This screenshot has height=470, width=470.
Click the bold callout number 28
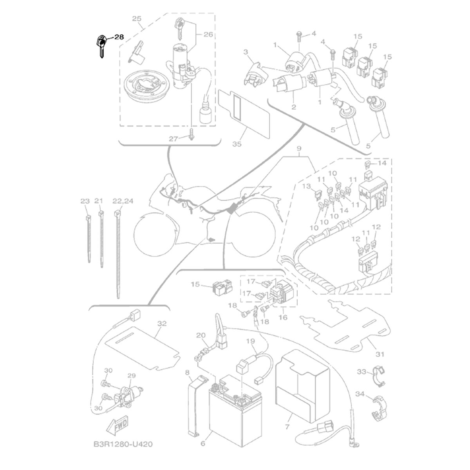[119, 37]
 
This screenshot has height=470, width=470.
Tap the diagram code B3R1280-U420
[123, 444]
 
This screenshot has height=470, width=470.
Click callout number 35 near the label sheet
[237, 144]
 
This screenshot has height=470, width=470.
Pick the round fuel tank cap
[146, 87]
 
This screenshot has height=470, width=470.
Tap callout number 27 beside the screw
[174, 139]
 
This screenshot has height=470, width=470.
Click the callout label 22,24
[123, 201]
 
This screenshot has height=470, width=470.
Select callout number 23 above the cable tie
[85, 201]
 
